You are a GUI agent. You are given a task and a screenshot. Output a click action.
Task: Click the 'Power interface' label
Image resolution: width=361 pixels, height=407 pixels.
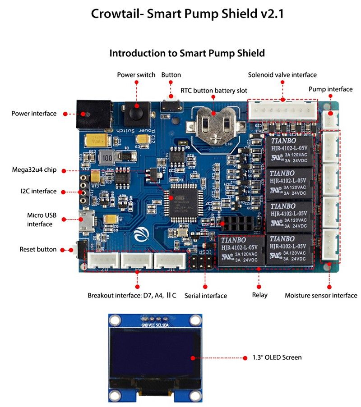[x=34, y=114]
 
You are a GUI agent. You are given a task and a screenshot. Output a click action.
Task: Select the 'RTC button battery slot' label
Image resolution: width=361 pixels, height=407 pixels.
[x=213, y=91]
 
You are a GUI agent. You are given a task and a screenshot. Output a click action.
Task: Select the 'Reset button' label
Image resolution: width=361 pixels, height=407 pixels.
[x=38, y=249]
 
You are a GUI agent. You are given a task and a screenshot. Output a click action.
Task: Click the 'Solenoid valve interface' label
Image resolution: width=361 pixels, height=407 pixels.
[x=282, y=75]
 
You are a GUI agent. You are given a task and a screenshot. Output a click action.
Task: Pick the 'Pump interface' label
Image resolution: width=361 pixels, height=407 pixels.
[x=330, y=89]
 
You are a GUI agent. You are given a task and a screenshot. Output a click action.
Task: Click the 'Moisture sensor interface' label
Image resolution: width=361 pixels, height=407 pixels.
[x=321, y=296]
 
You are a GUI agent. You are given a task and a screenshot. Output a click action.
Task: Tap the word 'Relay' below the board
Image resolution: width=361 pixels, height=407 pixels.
[x=259, y=295]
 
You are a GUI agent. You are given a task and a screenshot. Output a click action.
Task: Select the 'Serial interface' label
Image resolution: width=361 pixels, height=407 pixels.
[x=206, y=296]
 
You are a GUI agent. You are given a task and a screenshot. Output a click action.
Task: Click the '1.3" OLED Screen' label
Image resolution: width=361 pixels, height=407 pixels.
[x=278, y=357]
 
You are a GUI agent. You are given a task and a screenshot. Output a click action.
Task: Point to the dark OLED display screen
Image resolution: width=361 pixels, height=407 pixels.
[x=155, y=357]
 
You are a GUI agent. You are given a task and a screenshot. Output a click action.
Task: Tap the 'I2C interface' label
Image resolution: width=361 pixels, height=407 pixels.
[x=38, y=191]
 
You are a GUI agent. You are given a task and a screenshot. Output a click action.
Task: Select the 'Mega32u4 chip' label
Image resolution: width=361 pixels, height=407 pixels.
[x=35, y=170]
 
